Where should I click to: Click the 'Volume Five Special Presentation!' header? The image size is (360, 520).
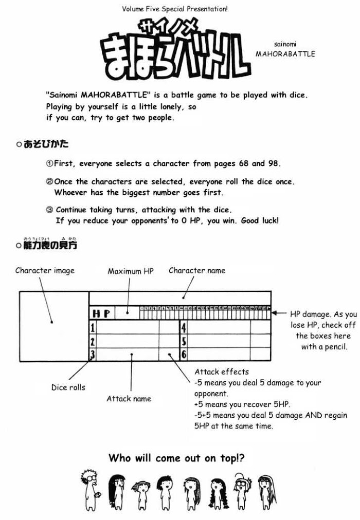(175, 9)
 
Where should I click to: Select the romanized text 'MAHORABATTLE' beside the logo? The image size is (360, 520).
(285, 53)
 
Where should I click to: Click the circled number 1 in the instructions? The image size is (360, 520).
(50, 164)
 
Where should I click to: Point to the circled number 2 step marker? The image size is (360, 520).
(50, 182)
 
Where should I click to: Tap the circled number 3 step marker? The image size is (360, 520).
(50, 210)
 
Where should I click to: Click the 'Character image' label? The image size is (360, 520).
(45, 270)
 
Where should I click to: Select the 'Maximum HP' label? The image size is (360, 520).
(131, 271)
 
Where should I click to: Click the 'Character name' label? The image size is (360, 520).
(197, 270)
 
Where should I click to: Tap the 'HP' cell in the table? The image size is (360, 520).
(101, 313)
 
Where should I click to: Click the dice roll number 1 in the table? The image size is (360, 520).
(93, 327)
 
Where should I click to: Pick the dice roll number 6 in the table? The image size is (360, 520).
(184, 354)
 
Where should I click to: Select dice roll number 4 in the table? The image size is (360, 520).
(184, 327)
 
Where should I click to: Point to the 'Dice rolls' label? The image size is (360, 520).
(68, 387)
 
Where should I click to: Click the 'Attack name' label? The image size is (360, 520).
(129, 398)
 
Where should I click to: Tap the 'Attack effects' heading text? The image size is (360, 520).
(222, 372)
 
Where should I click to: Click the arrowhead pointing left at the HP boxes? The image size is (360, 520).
(275, 312)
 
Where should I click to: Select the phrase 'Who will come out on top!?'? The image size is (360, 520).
(176, 457)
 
